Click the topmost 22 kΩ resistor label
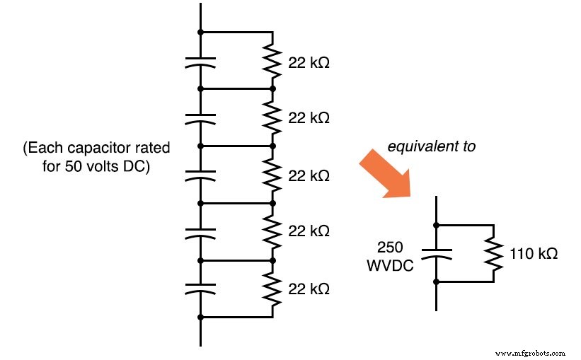point(309,62)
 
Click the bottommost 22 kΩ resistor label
point(309,289)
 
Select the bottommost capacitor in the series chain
point(200,289)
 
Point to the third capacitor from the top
point(200,175)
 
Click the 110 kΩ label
point(532,253)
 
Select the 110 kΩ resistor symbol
point(493,253)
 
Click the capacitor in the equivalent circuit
point(437,254)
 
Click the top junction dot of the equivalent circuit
point(437,226)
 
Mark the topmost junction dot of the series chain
point(200,32)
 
